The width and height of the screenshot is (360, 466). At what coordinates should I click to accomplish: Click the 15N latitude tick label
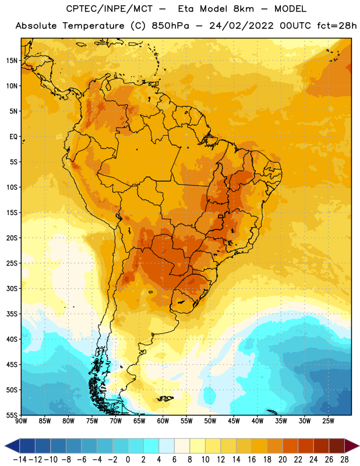click(12, 61)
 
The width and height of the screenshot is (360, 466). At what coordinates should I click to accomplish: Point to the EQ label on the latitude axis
click(13, 137)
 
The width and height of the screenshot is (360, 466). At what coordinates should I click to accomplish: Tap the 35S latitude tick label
click(12, 314)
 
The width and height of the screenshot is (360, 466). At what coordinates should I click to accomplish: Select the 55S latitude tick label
click(12, 415)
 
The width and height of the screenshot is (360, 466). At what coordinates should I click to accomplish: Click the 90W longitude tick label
click(21, 421)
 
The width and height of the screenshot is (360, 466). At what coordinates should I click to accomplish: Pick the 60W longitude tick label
click(163, 421)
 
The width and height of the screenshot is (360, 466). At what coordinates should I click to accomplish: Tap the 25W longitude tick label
click(328, 421)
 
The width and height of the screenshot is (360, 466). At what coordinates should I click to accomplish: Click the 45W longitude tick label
click(234, 421)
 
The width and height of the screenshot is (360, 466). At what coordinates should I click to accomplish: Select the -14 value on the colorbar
click(20, 460)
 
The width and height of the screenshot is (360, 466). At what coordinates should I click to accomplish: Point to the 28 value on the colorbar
click(344, 460)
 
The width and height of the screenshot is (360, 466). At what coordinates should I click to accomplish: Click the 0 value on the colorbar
click(128, 460)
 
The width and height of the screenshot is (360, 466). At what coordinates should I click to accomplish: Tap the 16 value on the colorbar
click(252, 460)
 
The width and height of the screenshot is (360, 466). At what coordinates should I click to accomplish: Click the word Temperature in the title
click(93, 26)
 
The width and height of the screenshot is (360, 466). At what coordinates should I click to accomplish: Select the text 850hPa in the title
click(170, 26)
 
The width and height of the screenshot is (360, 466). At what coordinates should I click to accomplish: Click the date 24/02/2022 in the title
click(241, 26)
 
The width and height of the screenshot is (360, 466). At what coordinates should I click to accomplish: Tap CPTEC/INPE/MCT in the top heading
click(110, 9)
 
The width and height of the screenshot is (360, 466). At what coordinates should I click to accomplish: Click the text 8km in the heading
click(243, 9)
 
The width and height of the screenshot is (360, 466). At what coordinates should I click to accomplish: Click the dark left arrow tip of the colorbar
click(5, 446)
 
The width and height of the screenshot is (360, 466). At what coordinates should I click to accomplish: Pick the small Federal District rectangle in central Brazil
click(220, 216)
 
